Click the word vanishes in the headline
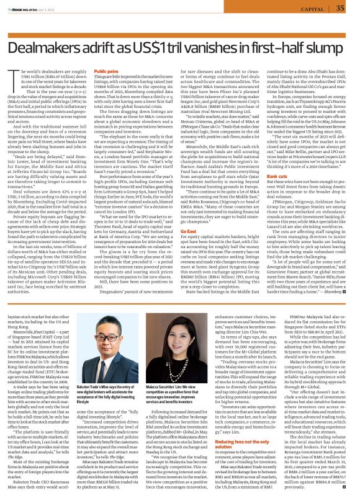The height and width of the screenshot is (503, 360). pyautogui.click(x=222, y=40)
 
